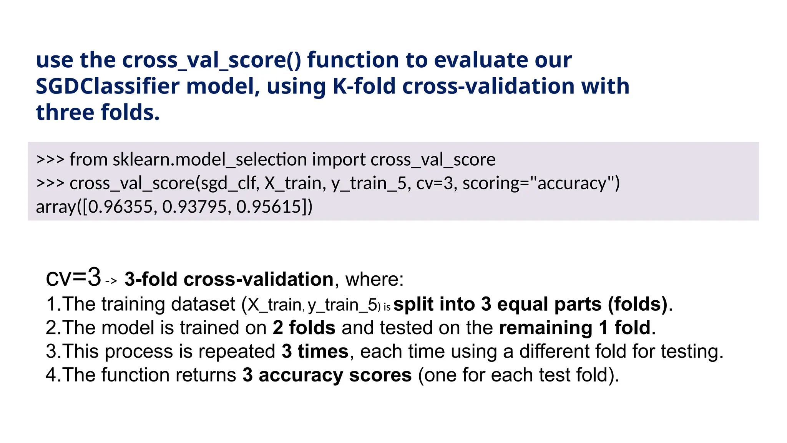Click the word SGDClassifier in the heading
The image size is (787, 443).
pyautogui.click(x=107, y=86)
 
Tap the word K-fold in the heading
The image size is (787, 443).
pyautogui.click(x=364, y=86)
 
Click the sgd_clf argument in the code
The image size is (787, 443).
pyautogui.click(x=229, y=183)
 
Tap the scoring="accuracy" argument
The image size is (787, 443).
pyautogui.click(x=541, y=183)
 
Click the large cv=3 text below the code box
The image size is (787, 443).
pyautogui.click(x=73, y=278)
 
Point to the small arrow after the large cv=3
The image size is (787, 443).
pyautogui.click(x=111, y=281)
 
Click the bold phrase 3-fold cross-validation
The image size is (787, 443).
pyautogui.click(x=229, y=279)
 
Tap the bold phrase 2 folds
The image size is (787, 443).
pyautogui.click(x=304, y=328)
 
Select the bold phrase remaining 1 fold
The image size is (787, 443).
pyautogui.click(x=574, y=328)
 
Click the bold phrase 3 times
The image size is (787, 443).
pyautogui.click(x=315, y=351)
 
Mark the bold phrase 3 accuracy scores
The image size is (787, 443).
pyautogui.click(x=327, y=375)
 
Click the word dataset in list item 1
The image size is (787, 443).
pyautogui.click(x=203, y=304)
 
